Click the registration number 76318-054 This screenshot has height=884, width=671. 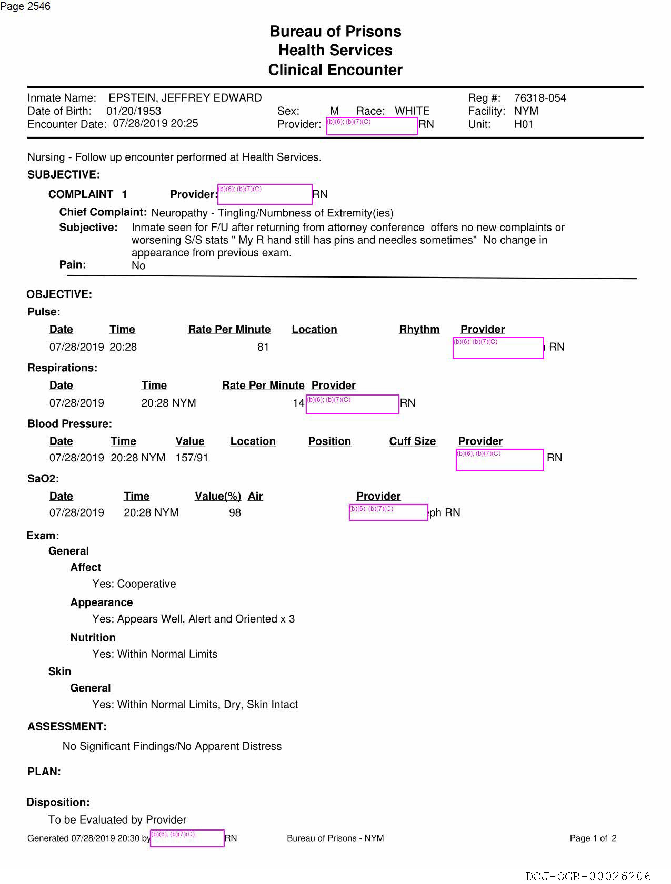(x=540, y=98)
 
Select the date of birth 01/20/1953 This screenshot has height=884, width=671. (x=133, y=111)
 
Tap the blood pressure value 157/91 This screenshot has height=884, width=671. (x=192, y=458)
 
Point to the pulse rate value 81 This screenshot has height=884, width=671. (x=263, y=347)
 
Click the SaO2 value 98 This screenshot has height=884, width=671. (x=235, y=512)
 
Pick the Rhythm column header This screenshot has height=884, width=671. (x=419, y=329)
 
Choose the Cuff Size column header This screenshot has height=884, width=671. (x=412, y=441)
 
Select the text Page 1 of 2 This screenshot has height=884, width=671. (x=593, y=838)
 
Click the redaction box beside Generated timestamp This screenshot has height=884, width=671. (x=187, y=838)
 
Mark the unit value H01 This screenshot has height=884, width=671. (x=524, y=124)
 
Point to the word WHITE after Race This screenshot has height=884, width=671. (x=412, y=111)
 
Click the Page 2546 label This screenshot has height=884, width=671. (x=25, y=6)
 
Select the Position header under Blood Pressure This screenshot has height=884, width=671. (x=329, y=441)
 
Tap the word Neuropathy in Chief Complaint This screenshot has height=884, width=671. (x=179, y=213)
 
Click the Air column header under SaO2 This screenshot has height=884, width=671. (x=255, y=496)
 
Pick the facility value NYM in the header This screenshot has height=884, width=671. (x=526, y=111)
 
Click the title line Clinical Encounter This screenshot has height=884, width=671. (x=335, y=70)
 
